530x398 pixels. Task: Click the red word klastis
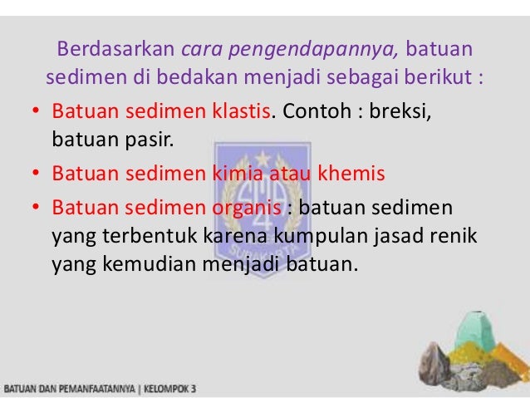coord(239,111)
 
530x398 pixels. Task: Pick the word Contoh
coord(314,111)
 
